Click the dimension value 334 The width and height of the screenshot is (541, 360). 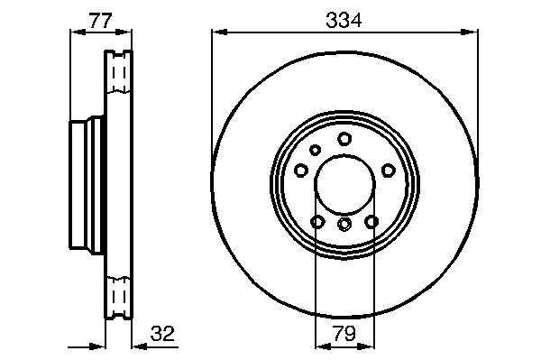click(344, 20)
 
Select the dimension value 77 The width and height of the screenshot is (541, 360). click(101, 21)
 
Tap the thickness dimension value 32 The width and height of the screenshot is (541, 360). click(162, 334)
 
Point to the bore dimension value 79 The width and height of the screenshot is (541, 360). click(344, 334)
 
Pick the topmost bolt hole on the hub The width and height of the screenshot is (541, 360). click(344, 138)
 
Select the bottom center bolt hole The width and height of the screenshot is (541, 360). click(344, 225)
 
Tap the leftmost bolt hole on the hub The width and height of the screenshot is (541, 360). click(301, 171)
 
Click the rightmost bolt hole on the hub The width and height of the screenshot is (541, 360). click(388, 171)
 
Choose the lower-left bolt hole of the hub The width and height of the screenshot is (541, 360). click(317, 222)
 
